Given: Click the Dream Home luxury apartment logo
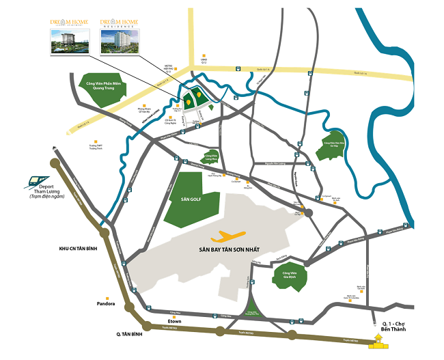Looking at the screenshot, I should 69,23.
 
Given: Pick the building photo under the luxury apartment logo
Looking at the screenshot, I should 69,42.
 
